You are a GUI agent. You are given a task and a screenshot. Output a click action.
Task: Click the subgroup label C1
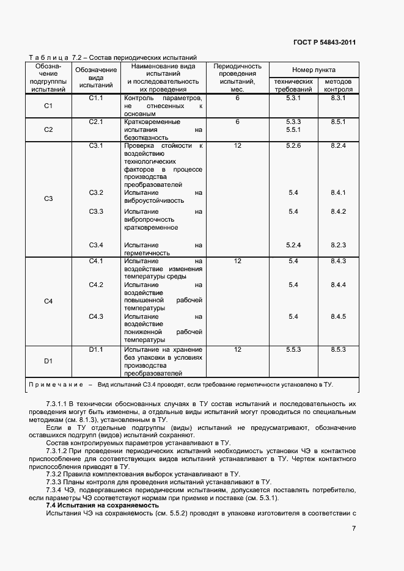click(48, 106)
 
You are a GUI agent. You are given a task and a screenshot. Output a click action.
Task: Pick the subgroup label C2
click(48, 129)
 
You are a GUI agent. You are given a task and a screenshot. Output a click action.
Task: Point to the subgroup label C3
click(48, 198)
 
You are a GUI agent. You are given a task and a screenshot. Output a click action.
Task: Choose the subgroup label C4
click(48, 301)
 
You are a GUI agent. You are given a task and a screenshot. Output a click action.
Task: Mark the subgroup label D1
click(48, 361)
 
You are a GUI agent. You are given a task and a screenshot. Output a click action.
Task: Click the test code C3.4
click(96, 245)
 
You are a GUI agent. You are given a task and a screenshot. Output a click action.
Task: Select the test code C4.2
click(96, 285)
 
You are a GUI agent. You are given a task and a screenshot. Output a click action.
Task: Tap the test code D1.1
click(96, 349)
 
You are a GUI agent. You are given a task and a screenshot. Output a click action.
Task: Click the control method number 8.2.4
click(338, 145)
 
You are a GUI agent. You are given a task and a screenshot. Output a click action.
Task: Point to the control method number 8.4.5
click(338, 316)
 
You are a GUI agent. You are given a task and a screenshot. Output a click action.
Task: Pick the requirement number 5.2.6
click(293, 145)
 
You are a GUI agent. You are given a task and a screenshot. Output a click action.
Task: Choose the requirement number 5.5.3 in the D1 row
click(293, 349)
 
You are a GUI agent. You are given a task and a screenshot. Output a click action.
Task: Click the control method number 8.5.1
click(338, 122)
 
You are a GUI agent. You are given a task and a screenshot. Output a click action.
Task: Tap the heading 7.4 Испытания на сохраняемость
click(102, 506)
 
